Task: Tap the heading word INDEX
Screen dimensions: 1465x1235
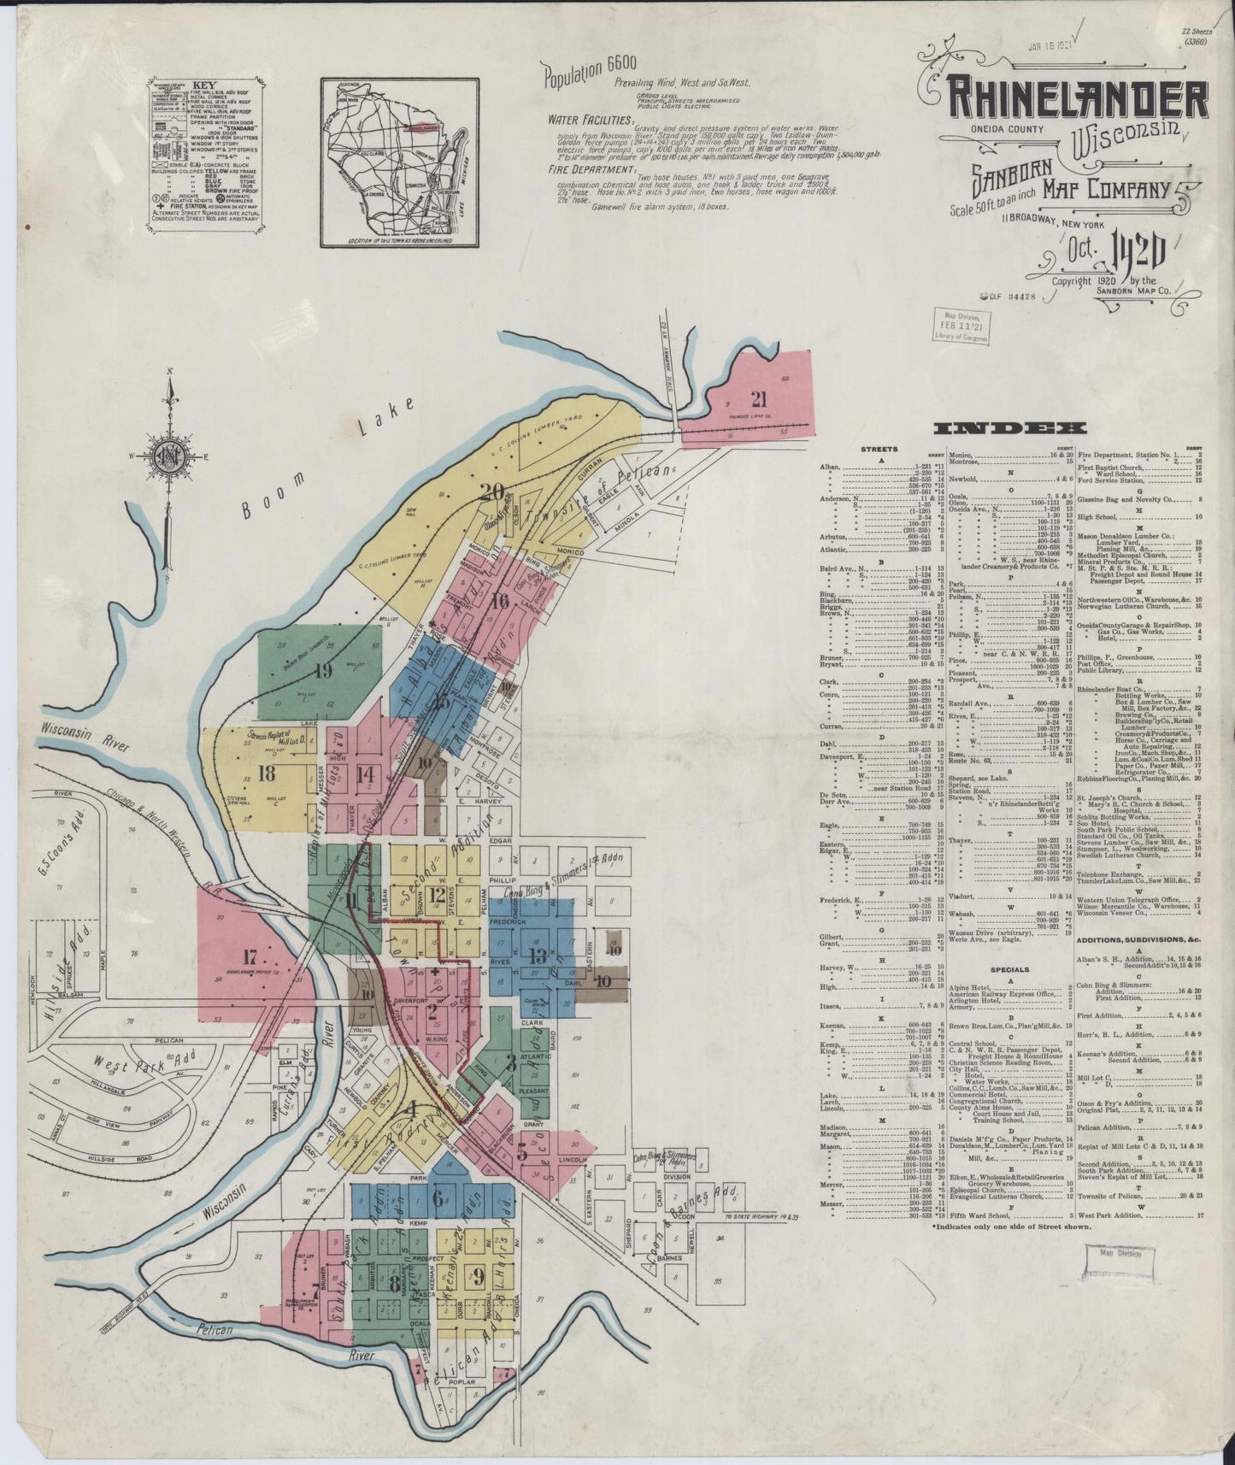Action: click(1009, 429)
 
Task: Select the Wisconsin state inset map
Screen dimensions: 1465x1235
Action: click(397, 162)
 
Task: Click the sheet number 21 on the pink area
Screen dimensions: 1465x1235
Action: click(758, 398)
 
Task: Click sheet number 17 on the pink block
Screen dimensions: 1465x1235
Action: click(250, 956)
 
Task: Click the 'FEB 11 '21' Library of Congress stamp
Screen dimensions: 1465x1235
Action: click(962, 326)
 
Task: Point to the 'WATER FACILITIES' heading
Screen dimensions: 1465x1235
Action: click(591, 121)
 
